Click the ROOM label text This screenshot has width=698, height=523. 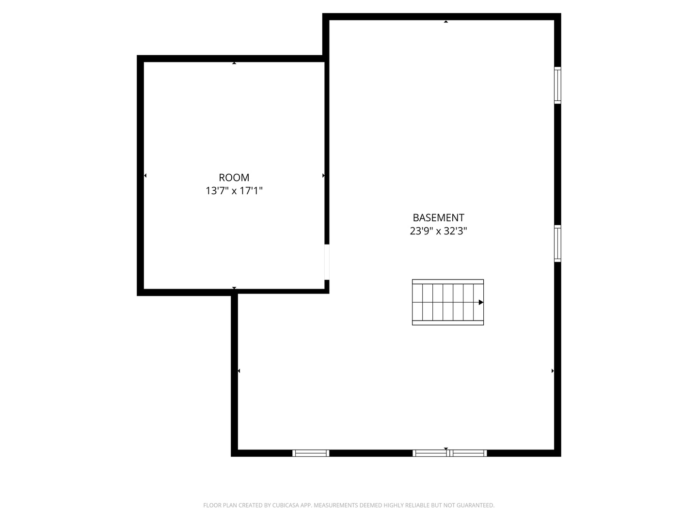[234, 178]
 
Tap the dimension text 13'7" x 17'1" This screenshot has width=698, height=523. [234, 191]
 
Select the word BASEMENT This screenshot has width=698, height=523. [438, 218]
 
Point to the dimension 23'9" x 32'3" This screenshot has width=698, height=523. [438, 231]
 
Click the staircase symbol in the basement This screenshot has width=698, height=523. [447, 302]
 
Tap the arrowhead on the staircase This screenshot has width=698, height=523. [481, 302]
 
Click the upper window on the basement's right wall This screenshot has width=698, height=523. [557, 85]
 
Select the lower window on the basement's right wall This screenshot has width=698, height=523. [557, 244]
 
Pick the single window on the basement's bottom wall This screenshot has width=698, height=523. [311, 453]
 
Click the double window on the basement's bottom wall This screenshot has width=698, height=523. [450, 453]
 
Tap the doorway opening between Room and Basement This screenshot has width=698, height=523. [327, 262]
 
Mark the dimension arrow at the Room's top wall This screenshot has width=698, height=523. [234, 63]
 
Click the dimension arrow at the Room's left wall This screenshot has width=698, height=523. [145, 176]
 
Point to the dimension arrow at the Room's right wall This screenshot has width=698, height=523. [323, 176]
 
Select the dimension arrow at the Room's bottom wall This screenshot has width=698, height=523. [234, 288]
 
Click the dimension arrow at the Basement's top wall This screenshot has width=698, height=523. [446, 21]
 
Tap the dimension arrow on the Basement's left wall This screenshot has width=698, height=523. [238, 371]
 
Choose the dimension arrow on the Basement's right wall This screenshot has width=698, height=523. [553, 371]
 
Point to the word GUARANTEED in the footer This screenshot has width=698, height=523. [475, 506]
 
